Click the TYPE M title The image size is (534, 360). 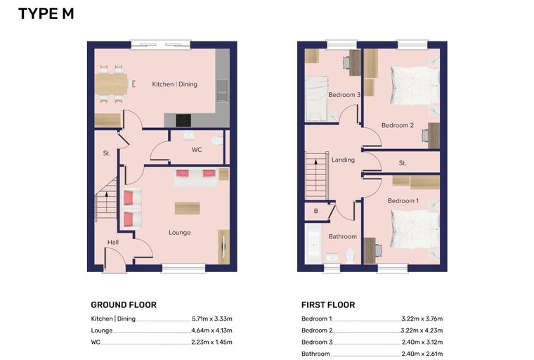point(46,14)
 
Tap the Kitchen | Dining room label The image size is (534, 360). point(174,84)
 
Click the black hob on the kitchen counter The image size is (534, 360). point(183,120)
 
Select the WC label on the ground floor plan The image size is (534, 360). point(197,150)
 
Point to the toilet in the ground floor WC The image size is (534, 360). point(217,140)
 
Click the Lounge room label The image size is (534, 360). point(179,233)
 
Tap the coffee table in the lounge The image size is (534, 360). point(188,208)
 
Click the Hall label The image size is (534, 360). point(113,242)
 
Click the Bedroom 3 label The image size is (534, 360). point(344,95)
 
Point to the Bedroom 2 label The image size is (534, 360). point(398,125)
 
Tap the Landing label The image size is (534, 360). point(343,160)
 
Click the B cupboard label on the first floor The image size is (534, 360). point(316,211)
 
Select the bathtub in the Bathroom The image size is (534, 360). point(313,243)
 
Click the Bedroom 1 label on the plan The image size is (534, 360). point(403,201)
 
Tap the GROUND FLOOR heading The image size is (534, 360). point(124,304)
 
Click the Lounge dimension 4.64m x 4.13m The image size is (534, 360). point(211,330)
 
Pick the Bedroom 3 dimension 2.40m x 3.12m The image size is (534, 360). point(422,342)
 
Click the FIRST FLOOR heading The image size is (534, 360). point(328,304)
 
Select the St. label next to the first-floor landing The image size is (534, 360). point(403,163)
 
